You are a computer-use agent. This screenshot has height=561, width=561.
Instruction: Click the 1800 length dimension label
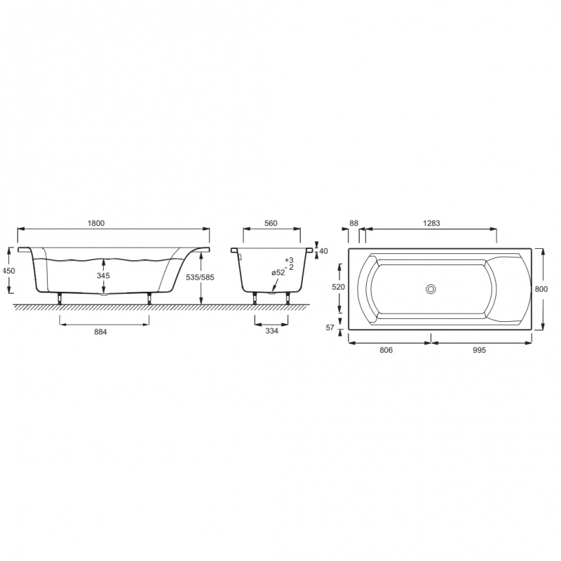tap(96, 223)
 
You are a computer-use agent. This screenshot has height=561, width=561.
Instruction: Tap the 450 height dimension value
tap(9, 271)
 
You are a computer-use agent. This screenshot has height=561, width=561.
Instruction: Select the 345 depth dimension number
tap(103, 276)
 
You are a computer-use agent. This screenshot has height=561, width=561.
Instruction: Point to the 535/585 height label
tap(201, 277)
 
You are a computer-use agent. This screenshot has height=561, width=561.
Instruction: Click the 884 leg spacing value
tap(100, 332)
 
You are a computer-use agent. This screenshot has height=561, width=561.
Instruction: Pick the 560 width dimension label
tap(271, 223)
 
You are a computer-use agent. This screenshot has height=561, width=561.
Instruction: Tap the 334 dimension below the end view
tap(271, 331)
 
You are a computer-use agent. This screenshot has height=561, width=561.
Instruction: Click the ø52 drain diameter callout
tap(278, 273)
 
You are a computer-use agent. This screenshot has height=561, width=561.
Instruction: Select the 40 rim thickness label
tap(323, 251)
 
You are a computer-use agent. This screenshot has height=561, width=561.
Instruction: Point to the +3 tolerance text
tap(289, 260)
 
